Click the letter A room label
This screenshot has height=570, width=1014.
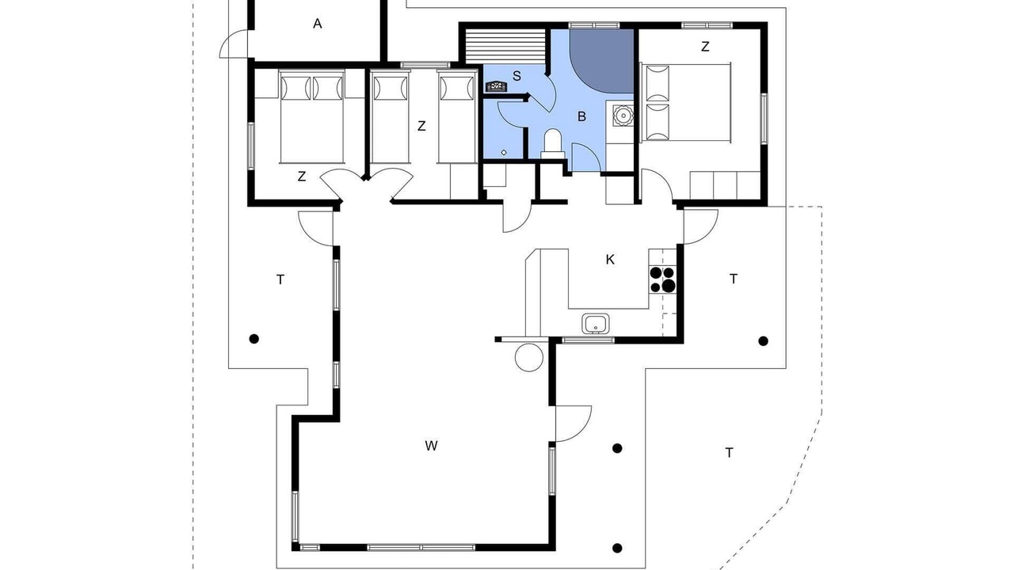tap(318, 24)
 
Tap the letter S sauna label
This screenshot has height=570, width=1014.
tap(517, 76)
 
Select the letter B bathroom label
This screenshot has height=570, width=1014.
tap(581, 116)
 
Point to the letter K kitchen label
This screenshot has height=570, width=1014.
tap(610, 260)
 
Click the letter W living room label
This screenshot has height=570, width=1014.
tap(431, 446)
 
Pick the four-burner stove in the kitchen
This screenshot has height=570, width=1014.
tap(663, 279)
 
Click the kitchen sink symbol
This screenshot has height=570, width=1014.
tap(595, 324)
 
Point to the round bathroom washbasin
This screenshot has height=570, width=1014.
tap(623, 116)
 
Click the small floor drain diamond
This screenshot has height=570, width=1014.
tap(504, 153)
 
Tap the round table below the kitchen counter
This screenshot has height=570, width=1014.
tap(528, 357)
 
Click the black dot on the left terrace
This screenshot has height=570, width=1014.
tap(254, 338)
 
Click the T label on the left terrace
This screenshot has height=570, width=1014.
tap(280, 279)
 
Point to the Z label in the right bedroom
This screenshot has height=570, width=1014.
tap(705, 47)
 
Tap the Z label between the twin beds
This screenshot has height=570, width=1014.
tap(421, 126)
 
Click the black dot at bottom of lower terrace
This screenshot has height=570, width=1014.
tap(617, 549)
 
